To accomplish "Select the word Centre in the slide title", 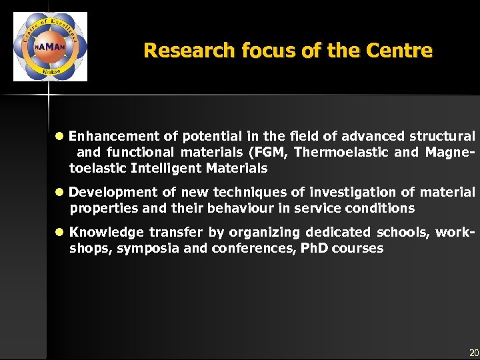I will point(403,51).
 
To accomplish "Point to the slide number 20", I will point(473,353).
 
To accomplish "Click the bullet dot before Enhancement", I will point(59,137).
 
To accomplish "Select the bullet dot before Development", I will point(59,193).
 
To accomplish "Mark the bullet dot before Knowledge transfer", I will point(59,233).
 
